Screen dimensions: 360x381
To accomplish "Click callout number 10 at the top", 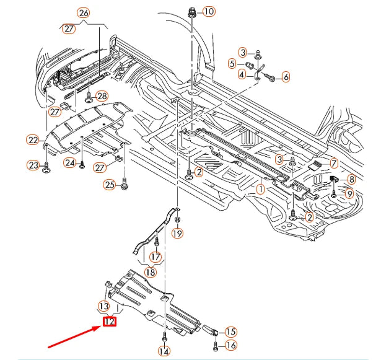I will pyautogui.click(x=208, y=11).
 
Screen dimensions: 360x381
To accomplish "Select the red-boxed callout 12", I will pyautogui.click(x=110, y=322).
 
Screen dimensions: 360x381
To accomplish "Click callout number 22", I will pyautogui.click(x=32, y=140).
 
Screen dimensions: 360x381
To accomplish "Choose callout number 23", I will pyautogui.click(x=32, y=165).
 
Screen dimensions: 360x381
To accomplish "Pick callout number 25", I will pyautogui.click(x=109, y=184).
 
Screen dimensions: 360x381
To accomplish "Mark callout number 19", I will pyautogui.click(x=178, y=234).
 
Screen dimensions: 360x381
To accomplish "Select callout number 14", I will pyautogui.click(x=164, y=352).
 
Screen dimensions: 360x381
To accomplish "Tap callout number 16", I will pyautogui.click(x=230, y=345).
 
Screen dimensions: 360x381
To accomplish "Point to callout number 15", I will pyautogui.click(x=230, y=331).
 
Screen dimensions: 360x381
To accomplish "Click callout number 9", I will pyautogui.click(x=349, y=194).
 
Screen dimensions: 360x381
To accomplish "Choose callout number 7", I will pyautogui.click(x=333, y=164).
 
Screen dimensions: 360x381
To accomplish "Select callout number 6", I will pyautogui.click(x=286, y=77).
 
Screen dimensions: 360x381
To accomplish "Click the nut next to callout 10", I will pyautogui.click(x=191, y=11).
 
